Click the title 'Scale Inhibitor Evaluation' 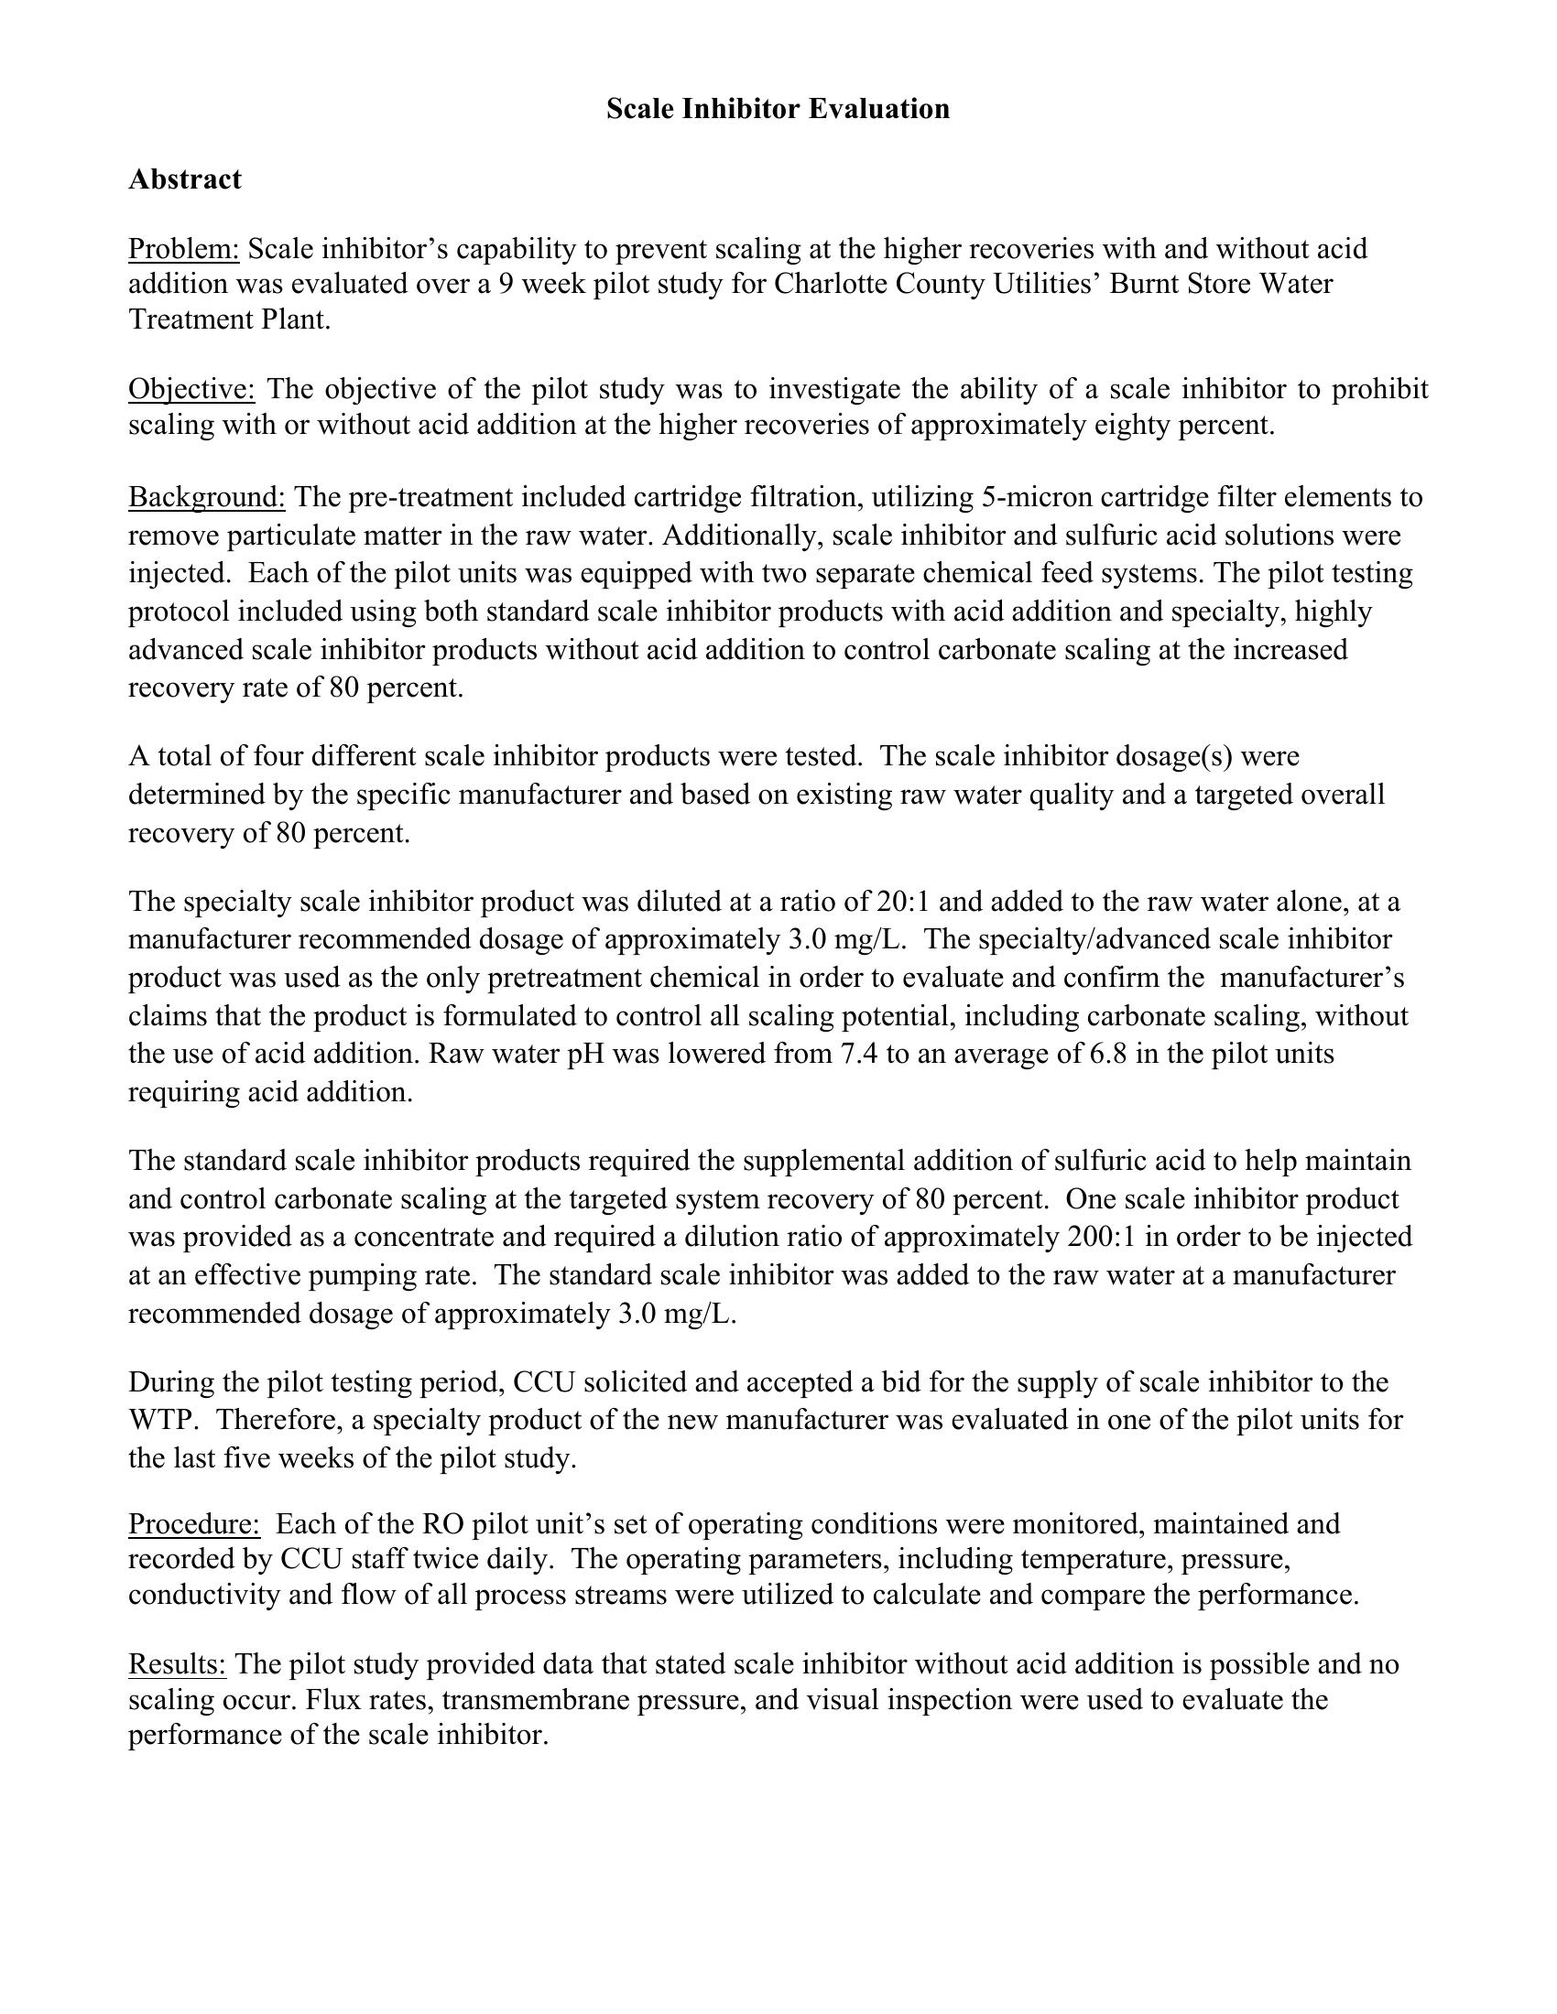point(778,109)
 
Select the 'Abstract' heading point(184,179)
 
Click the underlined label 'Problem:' point(183,249)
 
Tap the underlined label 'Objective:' point(191,389)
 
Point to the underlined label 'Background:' point(207,498)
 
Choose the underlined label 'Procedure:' point(193,1523)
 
